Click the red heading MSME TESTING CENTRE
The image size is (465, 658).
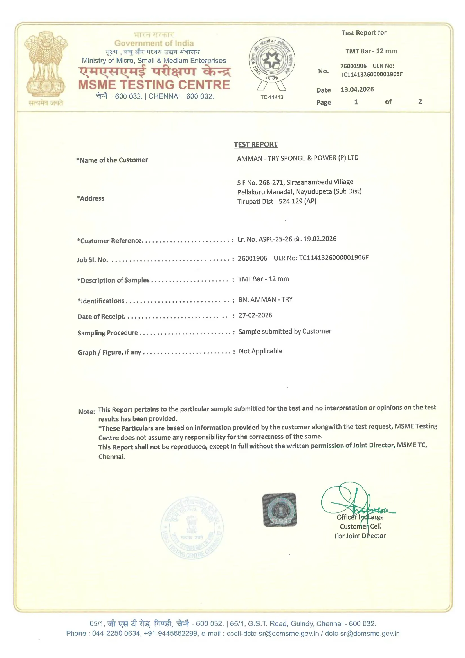(x=154, y=85)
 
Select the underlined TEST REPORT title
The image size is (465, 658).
(x=255, y=144)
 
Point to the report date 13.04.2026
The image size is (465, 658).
(x=357, y=89)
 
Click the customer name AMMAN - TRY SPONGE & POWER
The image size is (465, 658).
(x=297, y=158)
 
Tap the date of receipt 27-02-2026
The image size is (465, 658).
(x=255, y=315)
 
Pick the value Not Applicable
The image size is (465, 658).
(x=260, y=351)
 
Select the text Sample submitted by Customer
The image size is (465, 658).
(x=285, y=331)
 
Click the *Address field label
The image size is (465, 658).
(x=91, y=198)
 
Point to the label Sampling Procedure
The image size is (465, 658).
(x=108, y=333)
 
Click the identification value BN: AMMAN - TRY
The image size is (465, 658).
(x=265, y=299)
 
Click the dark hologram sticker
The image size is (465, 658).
(x=280, y=510)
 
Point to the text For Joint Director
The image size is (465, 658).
(x=360, y=536)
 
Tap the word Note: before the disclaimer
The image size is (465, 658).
(x=87, y=411)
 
